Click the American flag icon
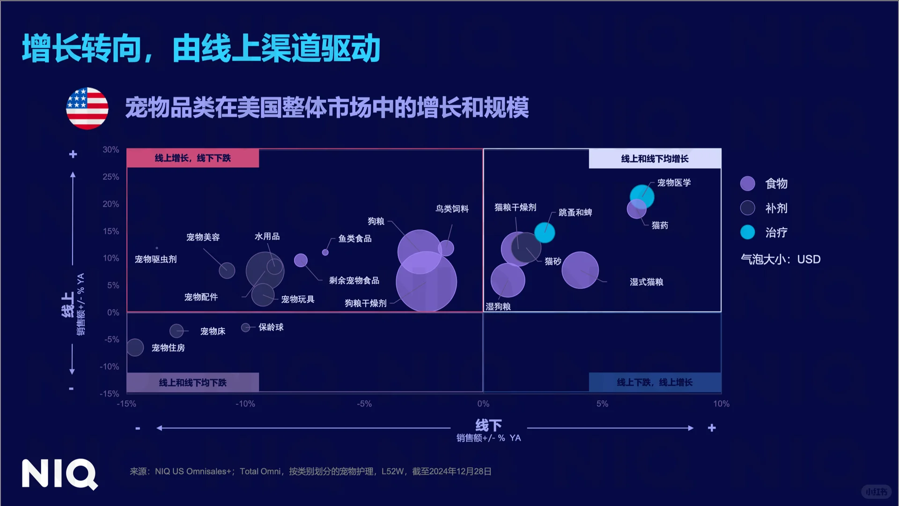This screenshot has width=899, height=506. [87, 108]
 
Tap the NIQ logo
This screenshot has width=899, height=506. [59, 474]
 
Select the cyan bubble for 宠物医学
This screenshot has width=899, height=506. [642, 196]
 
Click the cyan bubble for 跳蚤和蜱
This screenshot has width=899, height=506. [545, 232]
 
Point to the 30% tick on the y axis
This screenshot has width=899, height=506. [111, 150]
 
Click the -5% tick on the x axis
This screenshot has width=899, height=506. [364, 404]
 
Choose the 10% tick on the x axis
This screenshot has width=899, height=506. [721, 404]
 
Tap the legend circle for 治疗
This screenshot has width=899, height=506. [748, 232]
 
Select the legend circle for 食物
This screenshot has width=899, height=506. [748, 184]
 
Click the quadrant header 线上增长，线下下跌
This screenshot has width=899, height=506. [193, 158]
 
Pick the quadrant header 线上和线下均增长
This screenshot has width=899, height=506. [655, 159]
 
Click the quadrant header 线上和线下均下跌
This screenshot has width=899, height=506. [193, 383]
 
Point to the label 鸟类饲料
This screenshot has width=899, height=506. [452, 209]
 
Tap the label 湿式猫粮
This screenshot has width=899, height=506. [646, 282]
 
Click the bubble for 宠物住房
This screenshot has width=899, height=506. [135, 348]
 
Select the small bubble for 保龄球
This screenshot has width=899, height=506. [245, 327]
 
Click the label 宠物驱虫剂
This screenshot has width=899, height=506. [156, 260]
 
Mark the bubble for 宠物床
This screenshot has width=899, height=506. [177, 331]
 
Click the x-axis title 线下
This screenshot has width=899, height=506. [488, 425]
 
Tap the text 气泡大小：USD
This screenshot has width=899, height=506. [781, 260]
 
